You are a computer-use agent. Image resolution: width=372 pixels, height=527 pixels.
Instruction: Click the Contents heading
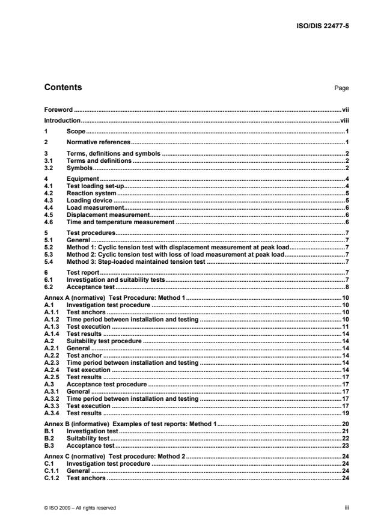click(63, 88)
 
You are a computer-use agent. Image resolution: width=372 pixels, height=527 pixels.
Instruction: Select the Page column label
click(341, 88)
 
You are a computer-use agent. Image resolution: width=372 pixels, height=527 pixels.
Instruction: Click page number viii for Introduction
click(344, 120)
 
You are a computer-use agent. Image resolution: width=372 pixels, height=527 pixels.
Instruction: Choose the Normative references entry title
click(99, 142)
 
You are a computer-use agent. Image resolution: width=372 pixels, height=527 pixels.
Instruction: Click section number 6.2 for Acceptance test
click(50, 287)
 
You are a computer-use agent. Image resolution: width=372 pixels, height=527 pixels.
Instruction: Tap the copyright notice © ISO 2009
click(81, 508)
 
